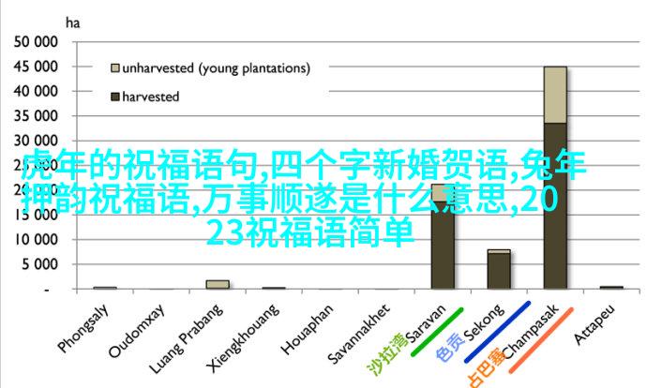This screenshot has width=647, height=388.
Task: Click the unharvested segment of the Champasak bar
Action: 555,95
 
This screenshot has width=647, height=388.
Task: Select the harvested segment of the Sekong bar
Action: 499,271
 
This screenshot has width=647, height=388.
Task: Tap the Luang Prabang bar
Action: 218,284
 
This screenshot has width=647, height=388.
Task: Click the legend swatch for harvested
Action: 115,97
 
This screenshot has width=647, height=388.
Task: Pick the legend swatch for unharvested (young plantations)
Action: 115,68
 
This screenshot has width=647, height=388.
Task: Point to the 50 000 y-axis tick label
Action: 36,41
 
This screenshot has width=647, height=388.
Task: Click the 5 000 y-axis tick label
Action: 40,264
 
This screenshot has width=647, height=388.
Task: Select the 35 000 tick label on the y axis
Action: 36,116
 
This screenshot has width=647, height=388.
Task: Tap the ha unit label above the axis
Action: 72,23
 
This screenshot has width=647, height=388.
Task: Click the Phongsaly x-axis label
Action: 83,329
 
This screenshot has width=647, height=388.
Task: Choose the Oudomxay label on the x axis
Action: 137,331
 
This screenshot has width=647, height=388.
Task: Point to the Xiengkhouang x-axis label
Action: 242,338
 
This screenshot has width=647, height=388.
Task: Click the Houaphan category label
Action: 307,330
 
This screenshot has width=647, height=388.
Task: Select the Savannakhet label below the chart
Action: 358,335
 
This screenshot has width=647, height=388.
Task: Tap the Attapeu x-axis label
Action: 594,324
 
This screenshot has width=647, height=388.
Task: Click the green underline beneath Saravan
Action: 437,332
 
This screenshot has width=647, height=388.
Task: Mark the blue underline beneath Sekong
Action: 497,332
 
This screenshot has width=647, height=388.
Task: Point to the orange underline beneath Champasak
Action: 541,340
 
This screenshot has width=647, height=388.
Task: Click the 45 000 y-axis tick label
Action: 36,67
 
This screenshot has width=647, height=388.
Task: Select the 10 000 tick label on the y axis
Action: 36,239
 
